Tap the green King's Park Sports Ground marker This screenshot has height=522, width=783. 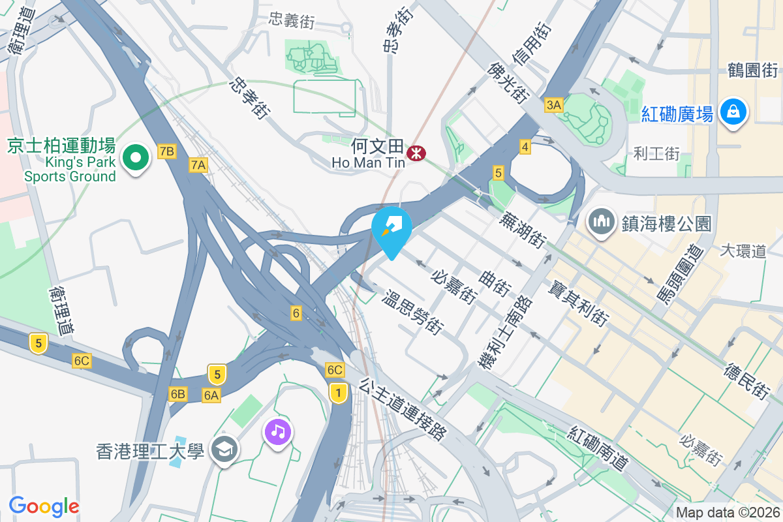136,158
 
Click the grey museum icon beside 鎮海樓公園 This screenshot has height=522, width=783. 601,223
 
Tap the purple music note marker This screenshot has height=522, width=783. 279,432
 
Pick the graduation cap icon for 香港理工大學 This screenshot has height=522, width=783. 224,450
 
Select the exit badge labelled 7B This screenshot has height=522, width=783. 167,152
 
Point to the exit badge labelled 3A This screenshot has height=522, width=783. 554,105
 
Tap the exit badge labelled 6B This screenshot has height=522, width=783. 178,393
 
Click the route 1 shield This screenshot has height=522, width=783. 337,393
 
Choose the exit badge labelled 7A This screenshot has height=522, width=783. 198,166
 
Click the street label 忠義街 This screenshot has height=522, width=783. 292,21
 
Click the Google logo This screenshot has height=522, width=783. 44,506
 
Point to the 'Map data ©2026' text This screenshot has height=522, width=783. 728,512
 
